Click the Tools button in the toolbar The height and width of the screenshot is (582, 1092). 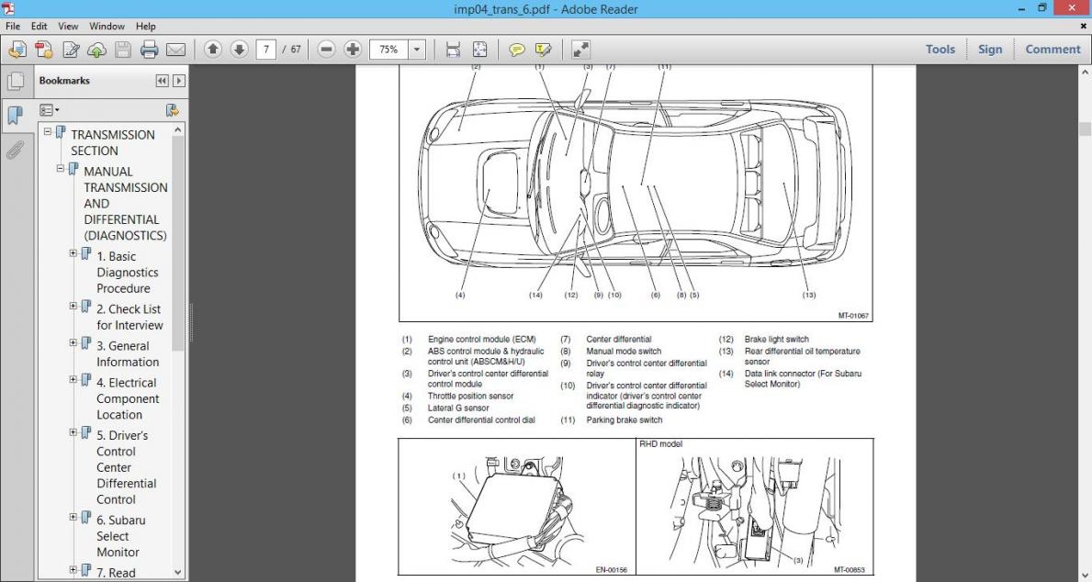pyautogui.click(x=940, y=50)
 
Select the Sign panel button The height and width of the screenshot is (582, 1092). pyautogui.click(x=990, y=50)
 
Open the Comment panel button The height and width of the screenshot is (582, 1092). pyautogui.click(x=1053, y=50)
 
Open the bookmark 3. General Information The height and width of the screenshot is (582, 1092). pyautogui.click(x=128, y=353)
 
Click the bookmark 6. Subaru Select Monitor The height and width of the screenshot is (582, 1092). pyautogui.click(x=120, y=536)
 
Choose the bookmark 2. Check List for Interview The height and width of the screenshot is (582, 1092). pyautogui.click(x=129, y=317)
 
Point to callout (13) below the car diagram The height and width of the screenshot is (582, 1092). pyautogui.click(x=808, y=295)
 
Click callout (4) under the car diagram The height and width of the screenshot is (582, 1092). pyautogui.click(x=460, y=295)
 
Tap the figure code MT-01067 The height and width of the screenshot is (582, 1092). pyautogui.click(x=852, y=315)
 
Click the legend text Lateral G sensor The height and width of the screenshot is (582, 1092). pyautogui.click(x=458, y=408)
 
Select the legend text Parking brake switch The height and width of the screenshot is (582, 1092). pyautogui.click(x=624, y=420)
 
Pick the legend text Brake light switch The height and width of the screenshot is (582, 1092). pyautogui.click(x=777, y=339)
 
